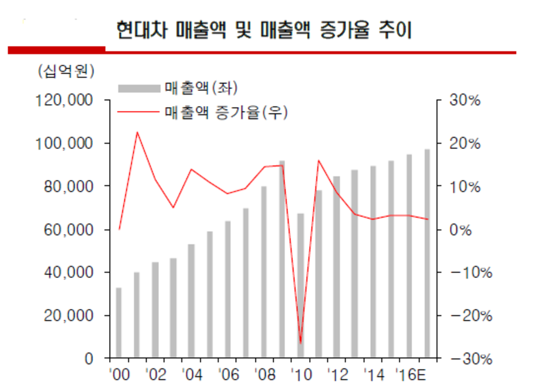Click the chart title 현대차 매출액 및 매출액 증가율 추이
tap(264, 30)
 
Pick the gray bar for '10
tap(300, 286)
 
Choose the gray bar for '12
tap(336, 267)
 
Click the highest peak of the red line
tap(136, 132)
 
